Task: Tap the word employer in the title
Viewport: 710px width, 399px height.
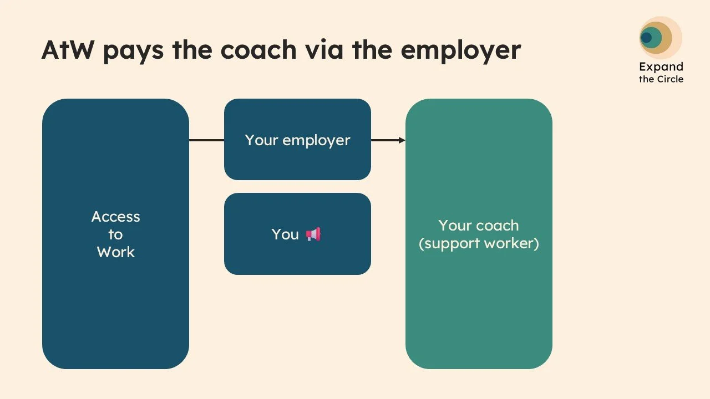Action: tap(460, 50)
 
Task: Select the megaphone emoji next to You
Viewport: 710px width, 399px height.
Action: tap(313, 234)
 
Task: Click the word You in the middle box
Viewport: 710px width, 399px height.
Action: tap(285, 234)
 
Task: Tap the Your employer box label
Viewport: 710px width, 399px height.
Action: tap(297, 140)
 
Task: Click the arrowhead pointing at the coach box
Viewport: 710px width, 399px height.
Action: tap(402, 140)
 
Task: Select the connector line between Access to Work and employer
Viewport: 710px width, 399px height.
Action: tap(206, 140)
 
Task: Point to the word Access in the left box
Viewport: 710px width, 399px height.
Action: tap(115, 217)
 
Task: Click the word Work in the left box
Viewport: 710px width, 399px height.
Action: tap(115, 252)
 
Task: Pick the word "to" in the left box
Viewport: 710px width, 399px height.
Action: tap(115, 234)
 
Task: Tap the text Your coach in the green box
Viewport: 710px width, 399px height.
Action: tap(479, 226)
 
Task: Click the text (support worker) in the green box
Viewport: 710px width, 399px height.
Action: tap(479, 243)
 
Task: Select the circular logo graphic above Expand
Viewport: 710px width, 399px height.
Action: tap(659, 38)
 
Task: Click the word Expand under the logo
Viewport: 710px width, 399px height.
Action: tap(661, 67)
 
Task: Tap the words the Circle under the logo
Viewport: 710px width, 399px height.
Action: tap(661, 79)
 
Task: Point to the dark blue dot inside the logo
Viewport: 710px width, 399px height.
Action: tap(646, 38)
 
